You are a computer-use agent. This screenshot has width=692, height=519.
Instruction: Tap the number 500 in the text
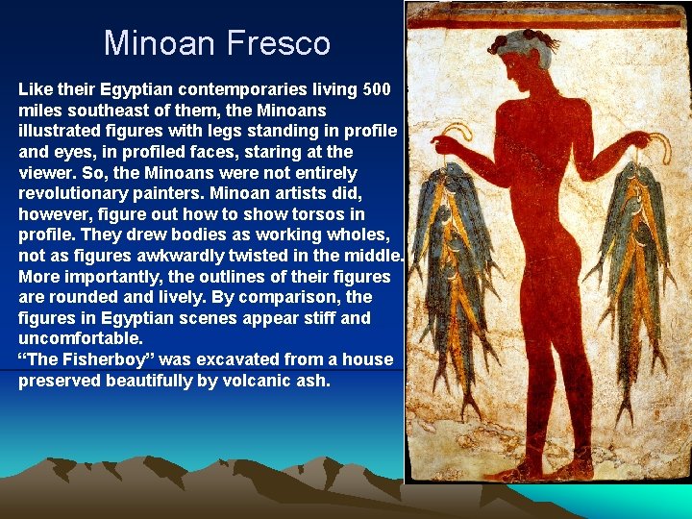(x=376, y=89)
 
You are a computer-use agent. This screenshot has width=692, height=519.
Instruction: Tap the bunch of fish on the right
(x=633, y=279)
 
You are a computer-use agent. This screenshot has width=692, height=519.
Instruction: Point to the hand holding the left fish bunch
(x=445, y=145)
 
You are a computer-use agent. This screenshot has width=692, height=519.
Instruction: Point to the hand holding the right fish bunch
(x=657, y=146)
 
